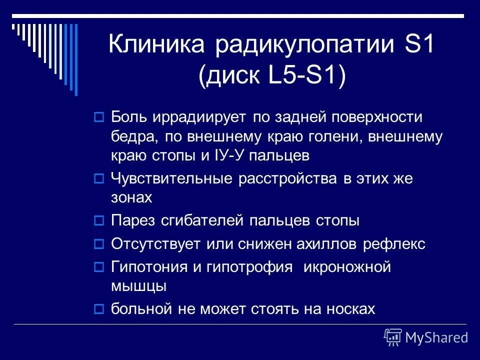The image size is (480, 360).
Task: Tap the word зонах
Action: click(x=131, y=197)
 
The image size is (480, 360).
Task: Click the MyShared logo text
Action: click(x=436, y=337)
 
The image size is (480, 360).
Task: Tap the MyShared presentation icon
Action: click(x=393, y=337)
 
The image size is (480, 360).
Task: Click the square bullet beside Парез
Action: click(x=98, y=221)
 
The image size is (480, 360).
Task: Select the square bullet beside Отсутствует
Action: click(x=98, y=244)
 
